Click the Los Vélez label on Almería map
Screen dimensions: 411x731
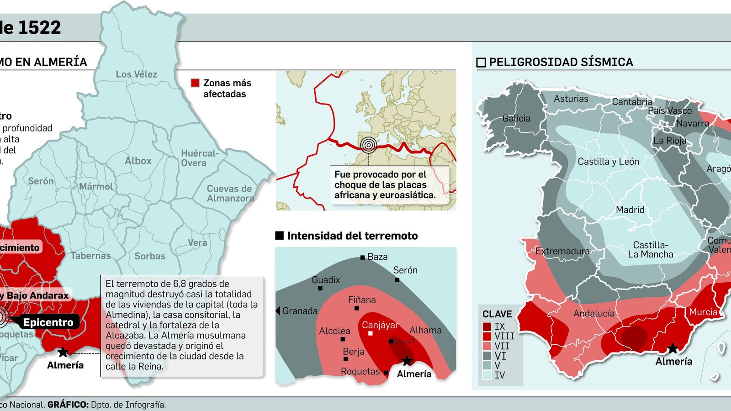click(x=136, y=74)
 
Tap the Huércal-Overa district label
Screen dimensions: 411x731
click(x=200, y=158)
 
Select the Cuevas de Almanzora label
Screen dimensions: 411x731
click(x=230, y=193)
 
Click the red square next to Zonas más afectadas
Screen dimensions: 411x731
click(x=195, y=83)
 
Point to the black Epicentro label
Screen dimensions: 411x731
click(x=48, y=322)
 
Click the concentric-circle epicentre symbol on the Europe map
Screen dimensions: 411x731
click(x=369, y=145)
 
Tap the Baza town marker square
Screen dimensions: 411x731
click(x=363, y=258)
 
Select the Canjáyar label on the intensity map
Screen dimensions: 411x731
click(x=380, y=325)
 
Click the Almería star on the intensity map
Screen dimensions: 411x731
click(x=407, y=361)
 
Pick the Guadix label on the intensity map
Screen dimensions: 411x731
click(x=326, y=280)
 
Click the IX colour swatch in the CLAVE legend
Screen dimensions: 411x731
click(x=487, y=327)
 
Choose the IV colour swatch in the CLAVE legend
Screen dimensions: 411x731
click(x=487, y=375)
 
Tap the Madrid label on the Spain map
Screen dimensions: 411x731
click(x=630, y=210)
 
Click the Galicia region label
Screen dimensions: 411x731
click(x=516, y=118)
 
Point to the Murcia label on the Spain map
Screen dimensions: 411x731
click(x=703, y=312)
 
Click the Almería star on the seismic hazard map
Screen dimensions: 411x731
click(x=673, y=349)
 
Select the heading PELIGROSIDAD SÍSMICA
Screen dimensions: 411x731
click(x=561, y=62)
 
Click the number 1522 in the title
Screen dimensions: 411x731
click(x=39, y=28)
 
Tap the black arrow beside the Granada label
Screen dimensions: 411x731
click(x=278, y=311)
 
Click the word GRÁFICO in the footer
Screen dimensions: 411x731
click(x=68, y=405)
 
